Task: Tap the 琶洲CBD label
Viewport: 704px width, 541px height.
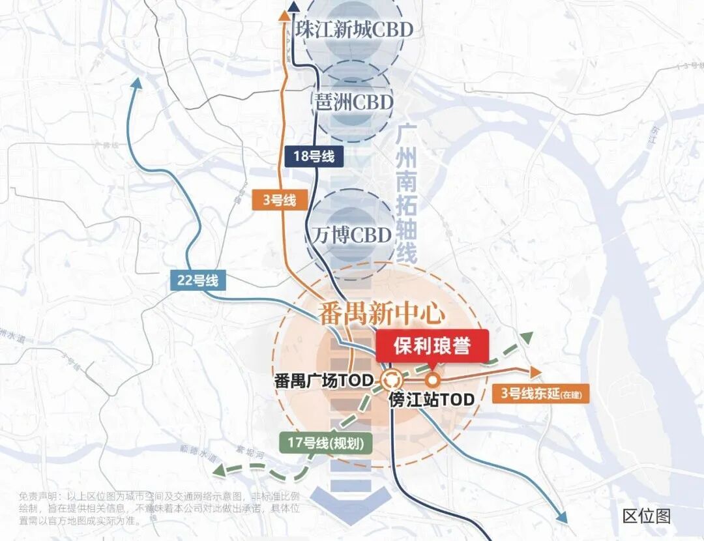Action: (x=354, y=102)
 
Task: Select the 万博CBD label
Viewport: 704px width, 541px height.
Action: (x=352, y=235)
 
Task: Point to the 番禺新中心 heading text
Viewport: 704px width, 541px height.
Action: (x=382, y=314)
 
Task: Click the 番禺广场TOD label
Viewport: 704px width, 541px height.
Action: (x=323, y=381)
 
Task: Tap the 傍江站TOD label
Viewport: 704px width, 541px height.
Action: (x=431, y=400)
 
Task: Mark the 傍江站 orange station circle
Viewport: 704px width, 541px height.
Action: (x=431, y=380)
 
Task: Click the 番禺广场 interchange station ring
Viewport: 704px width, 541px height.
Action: (x=392, y=379)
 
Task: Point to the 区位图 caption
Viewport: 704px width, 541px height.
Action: (x=646, y=516)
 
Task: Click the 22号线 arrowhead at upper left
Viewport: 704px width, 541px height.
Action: (x=136, y=83)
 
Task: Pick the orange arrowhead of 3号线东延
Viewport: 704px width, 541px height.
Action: (x=536, y=372)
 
